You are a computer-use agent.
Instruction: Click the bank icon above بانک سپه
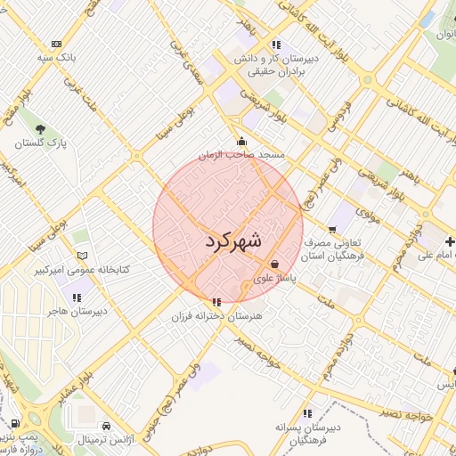56,44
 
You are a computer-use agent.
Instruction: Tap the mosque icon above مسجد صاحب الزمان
241,141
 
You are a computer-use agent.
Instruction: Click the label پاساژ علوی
275,279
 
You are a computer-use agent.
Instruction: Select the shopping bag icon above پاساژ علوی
275,265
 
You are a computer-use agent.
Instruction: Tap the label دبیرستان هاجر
77,310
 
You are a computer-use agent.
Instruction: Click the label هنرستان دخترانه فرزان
217,316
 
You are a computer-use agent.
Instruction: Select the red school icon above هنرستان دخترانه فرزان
217,302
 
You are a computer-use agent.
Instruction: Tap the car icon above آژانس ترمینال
106,426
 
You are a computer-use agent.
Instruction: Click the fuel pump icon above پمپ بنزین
16,424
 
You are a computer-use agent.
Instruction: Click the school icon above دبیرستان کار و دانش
277,44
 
